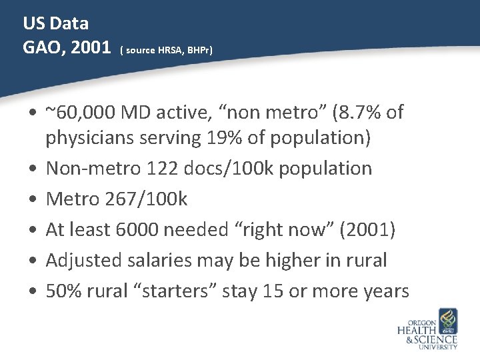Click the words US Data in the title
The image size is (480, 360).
click(56, 23)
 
